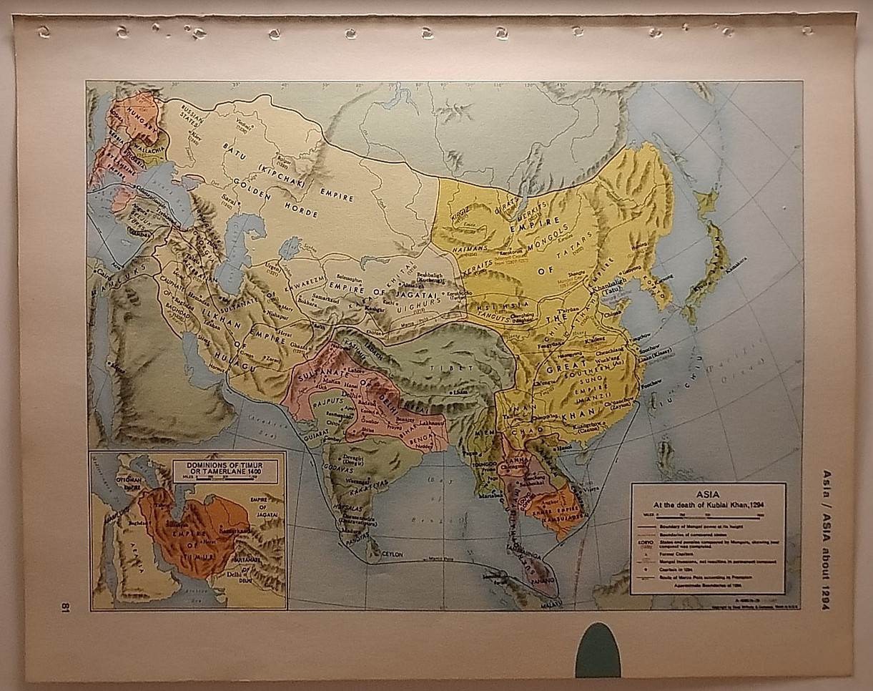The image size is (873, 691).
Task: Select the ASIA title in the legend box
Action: point(707,493)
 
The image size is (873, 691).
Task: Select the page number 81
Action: point(64,607)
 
